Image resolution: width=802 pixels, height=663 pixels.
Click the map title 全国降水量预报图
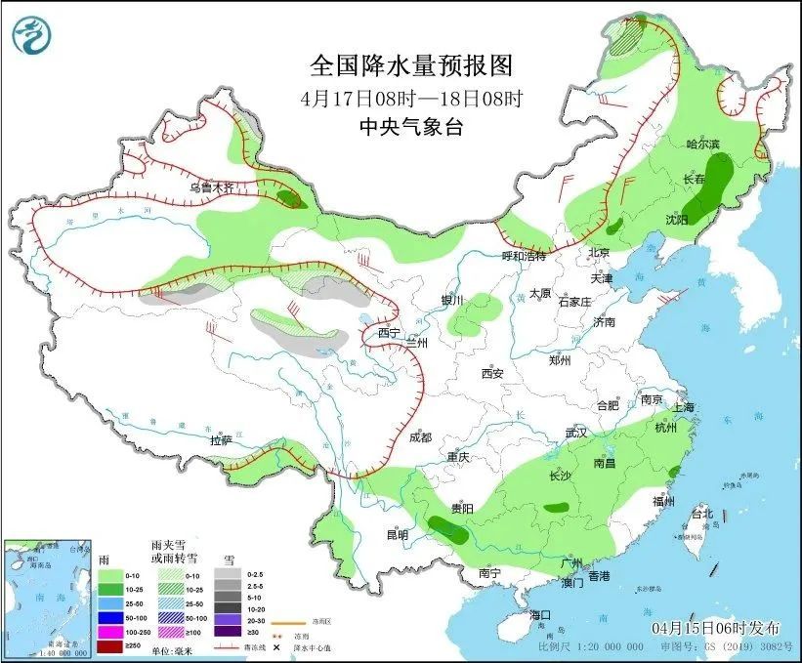409,65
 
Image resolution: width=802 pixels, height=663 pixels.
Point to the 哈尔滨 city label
702,145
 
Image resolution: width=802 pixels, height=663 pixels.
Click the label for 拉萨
221,440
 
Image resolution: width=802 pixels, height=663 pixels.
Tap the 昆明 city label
397,534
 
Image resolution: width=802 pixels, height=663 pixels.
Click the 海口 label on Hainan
540,615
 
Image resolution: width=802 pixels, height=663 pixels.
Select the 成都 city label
421,438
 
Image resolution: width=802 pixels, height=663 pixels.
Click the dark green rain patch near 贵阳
446,530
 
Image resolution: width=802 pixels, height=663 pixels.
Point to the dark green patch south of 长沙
558,507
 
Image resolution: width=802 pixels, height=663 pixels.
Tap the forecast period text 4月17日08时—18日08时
411,98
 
